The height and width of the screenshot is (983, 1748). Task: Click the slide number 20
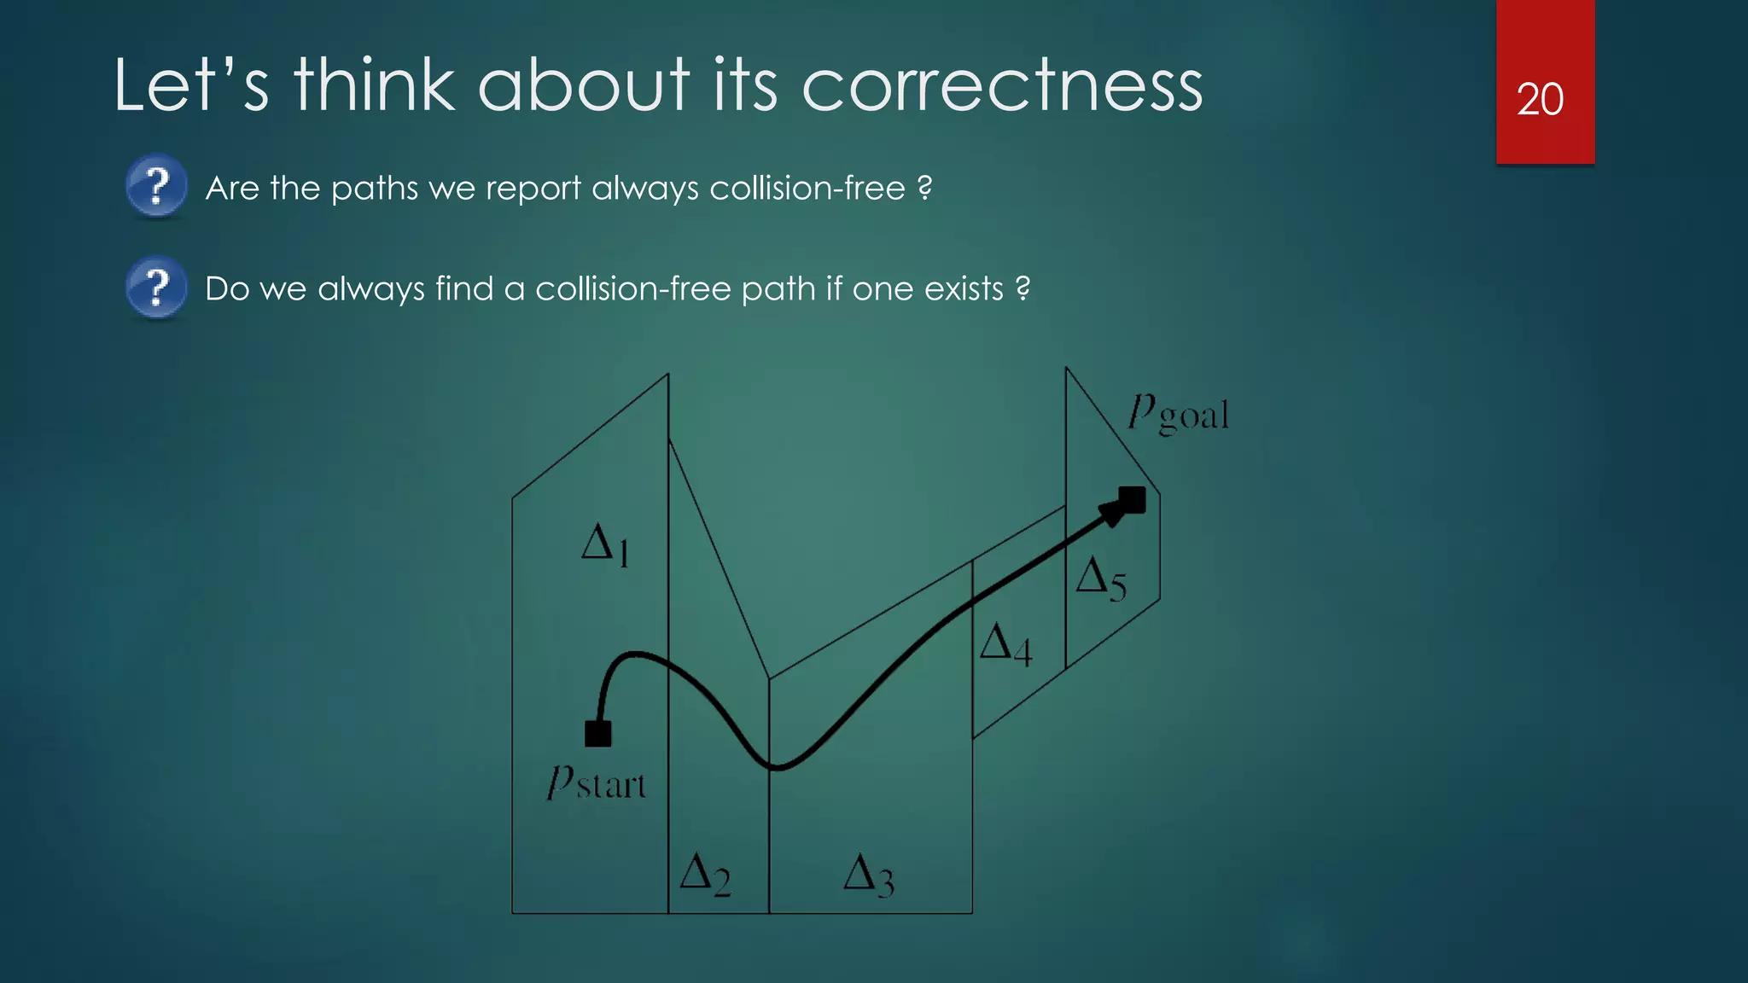(1540, 100)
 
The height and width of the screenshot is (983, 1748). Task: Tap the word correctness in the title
(1002, 85)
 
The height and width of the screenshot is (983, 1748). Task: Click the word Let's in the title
(191, 85)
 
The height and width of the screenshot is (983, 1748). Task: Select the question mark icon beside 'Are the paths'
(156, 185)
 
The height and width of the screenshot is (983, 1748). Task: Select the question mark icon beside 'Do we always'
(156, 287)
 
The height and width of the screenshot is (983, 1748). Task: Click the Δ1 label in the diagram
(605, 544)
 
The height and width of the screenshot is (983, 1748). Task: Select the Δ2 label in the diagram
(705, 875)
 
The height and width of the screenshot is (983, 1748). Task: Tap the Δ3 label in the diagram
(868, 876)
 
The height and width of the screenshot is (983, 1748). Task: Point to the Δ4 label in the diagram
(1005, 644)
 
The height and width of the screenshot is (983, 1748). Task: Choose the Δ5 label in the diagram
(1101, 579)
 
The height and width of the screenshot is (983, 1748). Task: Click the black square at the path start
(597, 733)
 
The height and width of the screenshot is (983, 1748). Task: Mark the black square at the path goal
(1133, 499)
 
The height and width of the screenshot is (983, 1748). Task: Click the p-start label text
(596, 782)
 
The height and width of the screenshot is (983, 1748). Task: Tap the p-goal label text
(1178, 414)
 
